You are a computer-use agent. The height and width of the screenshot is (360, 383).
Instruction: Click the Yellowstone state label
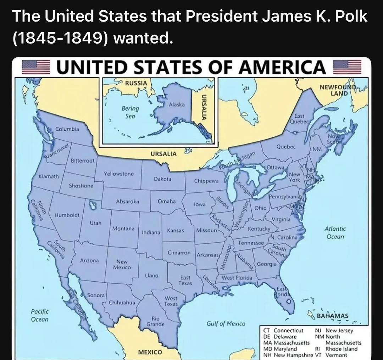point(119,174)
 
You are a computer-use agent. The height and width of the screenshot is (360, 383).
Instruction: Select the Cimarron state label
point(179,253)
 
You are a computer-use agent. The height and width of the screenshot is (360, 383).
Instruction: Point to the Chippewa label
point(206,181)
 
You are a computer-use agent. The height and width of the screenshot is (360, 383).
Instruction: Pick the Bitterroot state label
point(82,161)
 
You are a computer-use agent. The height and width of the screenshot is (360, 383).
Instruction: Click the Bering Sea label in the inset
point(130,112)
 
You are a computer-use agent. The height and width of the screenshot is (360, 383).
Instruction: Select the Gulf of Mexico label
point(226,324)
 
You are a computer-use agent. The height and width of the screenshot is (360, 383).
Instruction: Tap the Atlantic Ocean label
point(335,233)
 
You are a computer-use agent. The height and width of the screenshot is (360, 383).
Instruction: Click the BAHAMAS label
point(332,316)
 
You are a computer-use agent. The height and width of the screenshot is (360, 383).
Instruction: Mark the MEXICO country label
point(150,352)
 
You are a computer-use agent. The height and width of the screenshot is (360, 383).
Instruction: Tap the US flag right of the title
point(347,67)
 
